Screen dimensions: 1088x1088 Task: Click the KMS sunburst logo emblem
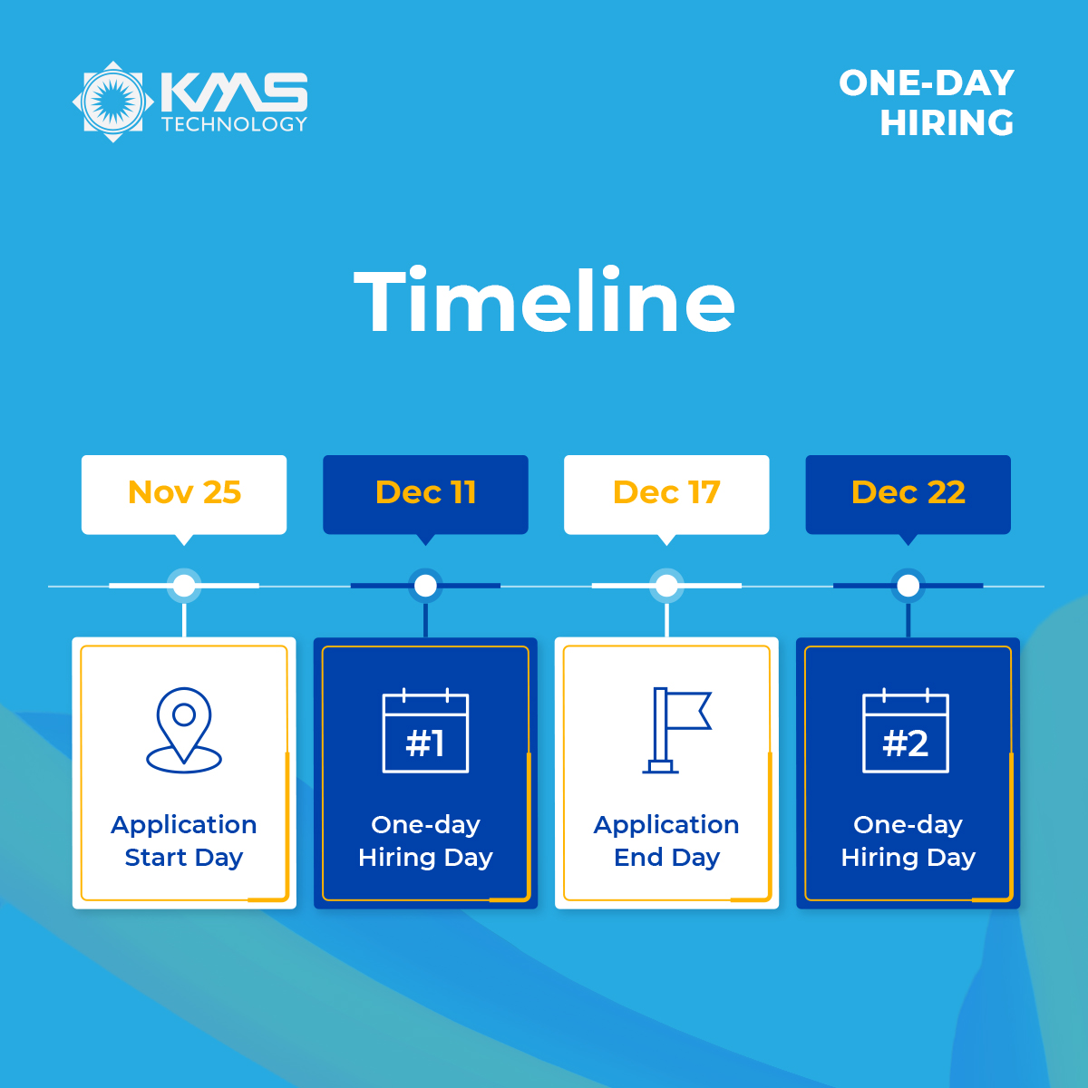[x=113, y=102]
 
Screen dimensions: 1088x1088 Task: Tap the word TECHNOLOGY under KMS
[x=234, y=124]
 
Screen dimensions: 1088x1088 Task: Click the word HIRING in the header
[x=947, y=123]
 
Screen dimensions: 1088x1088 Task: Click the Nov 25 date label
[x=184, y=491]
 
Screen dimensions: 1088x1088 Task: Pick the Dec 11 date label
[x=426, y=491]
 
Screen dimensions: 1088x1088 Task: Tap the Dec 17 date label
[x=666, y=491]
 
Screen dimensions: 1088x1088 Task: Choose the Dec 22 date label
[x=908, y=491]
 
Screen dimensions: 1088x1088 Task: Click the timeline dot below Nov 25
[x=184, y=586]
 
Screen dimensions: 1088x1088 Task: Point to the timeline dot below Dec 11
[x=426, y=586]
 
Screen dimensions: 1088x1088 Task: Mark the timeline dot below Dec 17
[x=666, y=586]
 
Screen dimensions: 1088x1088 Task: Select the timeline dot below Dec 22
[x=908, y=586]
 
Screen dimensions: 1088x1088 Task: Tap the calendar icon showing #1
[x=426, y=731]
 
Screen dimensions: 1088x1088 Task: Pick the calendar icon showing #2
[x=906, y=731]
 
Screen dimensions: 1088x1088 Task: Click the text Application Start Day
[x=184, y=840]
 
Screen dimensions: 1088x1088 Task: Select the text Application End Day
[x=666, y=840]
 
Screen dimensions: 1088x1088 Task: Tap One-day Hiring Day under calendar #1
[x=426, y=840]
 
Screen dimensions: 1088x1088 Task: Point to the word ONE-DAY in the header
[x=927, y=83]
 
